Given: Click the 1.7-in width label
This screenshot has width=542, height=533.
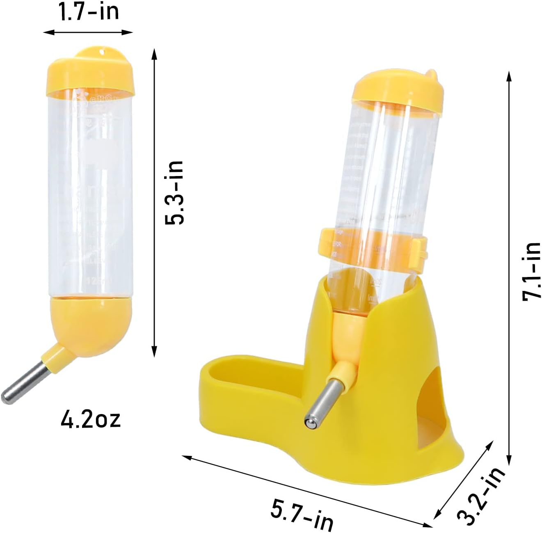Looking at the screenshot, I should pyautogui.click(x=89, y=11).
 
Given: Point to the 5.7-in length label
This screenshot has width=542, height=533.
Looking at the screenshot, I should pyautogui.click(x=302, y=515).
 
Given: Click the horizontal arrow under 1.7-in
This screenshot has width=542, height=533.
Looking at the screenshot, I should pyautogui.click(x=88, y=32).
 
